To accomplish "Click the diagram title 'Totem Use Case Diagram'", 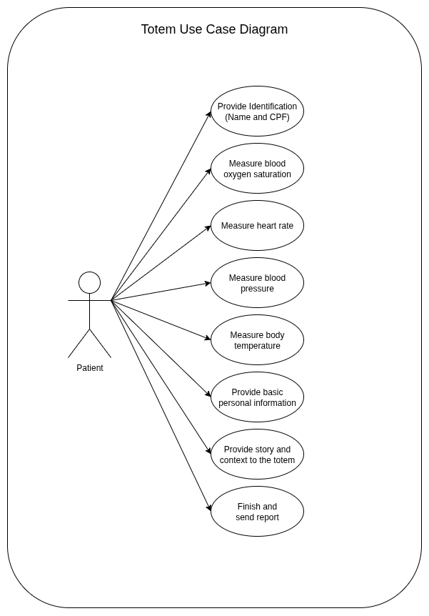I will tap(214, 29).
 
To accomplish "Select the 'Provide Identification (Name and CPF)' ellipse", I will tap(257, 111).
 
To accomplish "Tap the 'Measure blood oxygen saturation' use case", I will tap(257, 169).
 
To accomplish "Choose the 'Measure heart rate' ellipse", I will tap(257, 226).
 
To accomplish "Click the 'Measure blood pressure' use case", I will tap(257, 283).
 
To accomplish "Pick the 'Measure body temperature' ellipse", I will tap(257, 340).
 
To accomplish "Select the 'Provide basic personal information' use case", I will tap(257, 397).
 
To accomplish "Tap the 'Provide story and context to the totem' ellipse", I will tap(257, 454).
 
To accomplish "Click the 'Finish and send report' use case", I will tap(257, 512).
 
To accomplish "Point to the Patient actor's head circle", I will tap(89, 282).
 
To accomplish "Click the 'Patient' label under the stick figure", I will tap(90, 368).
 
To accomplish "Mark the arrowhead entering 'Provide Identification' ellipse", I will tap(209, 114).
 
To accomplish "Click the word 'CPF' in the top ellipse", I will tap(279, 117).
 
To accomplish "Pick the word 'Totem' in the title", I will tap(156, 29).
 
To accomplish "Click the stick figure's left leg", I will tap(79, 343).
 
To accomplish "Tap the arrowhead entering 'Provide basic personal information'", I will tap(208, 394).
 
